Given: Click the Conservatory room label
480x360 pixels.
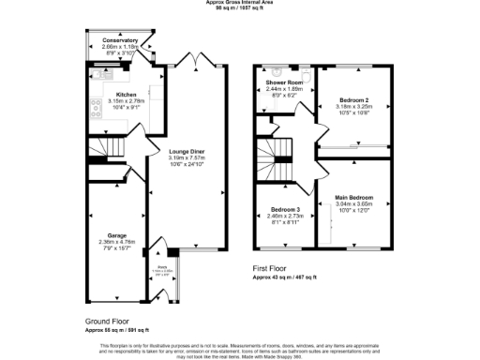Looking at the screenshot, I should (x=119, y=41).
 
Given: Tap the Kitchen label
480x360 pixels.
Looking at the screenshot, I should (x=127, y=95).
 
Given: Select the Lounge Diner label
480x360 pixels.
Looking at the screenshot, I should (x=187, y=152).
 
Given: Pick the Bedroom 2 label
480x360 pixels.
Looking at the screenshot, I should (x=354, y=98).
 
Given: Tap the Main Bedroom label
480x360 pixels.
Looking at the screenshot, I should (x=354, y=197).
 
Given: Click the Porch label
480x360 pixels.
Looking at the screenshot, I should (x=162, y=266).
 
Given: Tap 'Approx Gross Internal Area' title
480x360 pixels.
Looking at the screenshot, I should (x=240, y=3).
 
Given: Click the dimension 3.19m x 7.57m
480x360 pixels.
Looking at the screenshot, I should (x=187, y=158).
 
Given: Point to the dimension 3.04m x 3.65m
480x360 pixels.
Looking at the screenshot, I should (x=354, y=203).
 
